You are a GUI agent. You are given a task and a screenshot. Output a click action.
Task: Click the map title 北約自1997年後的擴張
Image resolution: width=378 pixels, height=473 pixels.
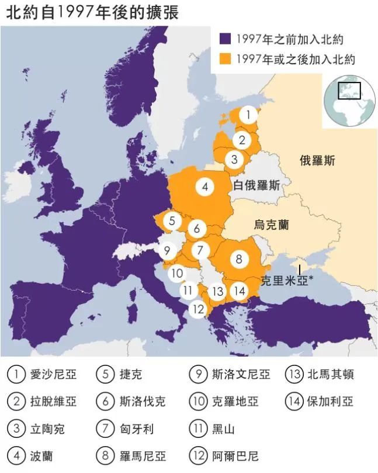tap(92, 13)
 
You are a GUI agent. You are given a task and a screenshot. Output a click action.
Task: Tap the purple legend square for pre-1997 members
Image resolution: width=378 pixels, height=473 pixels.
tap(226, 39)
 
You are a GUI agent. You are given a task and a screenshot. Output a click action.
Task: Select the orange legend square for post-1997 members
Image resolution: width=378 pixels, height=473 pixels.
tap(226, 58)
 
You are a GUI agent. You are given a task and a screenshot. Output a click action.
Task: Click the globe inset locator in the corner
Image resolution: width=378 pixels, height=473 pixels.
tap(349, 100)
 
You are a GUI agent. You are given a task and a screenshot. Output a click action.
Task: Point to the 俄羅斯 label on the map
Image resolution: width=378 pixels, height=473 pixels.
tap(317, 161)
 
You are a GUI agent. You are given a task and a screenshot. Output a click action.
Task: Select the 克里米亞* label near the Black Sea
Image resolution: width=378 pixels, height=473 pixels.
tap(287, 279)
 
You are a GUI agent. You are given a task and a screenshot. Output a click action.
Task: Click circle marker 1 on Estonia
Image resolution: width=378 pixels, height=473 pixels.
tap(248, 115)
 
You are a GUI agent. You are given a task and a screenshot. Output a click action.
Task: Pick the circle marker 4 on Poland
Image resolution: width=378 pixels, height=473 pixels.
tap(204, 187)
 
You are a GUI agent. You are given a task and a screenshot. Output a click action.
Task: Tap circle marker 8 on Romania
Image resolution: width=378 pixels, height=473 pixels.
tap(238, 258)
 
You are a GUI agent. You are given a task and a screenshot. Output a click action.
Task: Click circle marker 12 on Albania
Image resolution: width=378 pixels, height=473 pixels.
tap(199, 309)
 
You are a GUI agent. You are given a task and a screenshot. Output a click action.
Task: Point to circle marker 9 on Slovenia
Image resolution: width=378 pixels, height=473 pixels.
tap(167, 251)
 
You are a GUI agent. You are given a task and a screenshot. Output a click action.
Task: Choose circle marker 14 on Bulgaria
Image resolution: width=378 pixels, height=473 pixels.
tap(238, 291)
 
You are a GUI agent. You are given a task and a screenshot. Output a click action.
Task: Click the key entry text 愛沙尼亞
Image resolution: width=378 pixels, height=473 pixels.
tap(53, 374)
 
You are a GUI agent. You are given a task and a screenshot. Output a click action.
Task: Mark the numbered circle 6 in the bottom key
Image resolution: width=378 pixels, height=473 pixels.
tap(105, 402)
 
